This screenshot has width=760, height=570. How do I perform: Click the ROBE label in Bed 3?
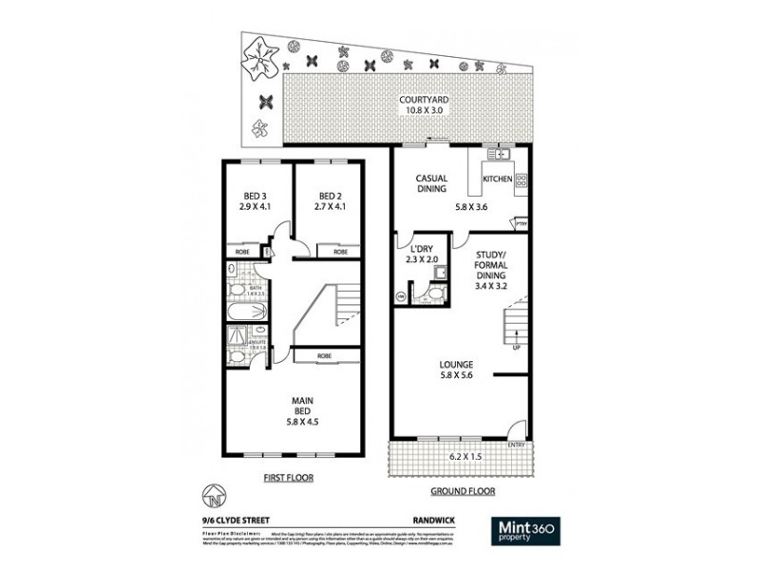tap(243, 252)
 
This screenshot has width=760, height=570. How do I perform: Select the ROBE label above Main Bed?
tap(325, 355)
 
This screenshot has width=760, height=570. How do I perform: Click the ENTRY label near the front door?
tap(516, 445)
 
